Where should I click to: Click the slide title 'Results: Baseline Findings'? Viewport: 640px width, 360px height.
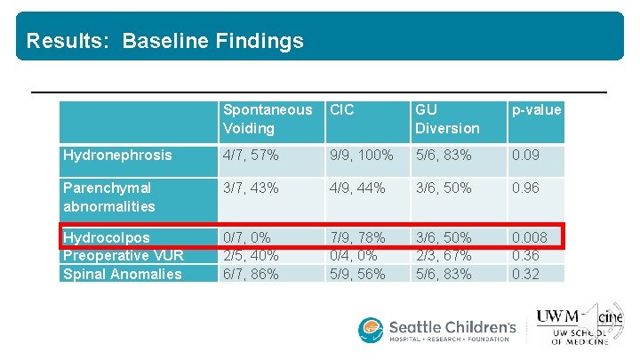[x=164, y=41]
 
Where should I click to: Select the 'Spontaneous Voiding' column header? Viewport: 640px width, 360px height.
[x=268, y=119]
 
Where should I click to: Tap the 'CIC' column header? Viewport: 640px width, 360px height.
[x=341, y=110]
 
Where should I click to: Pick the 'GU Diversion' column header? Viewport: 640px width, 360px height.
[x=446, y=119]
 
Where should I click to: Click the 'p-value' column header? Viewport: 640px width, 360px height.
[x=536, y=110]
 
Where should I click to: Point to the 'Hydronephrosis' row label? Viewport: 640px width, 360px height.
[x=117, y=156]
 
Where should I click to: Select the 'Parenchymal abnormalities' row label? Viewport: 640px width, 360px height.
[x=109, y=197]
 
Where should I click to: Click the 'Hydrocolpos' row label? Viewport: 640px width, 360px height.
[x=106, y=238]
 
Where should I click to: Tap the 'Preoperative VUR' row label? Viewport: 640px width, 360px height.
[x=123, y=256]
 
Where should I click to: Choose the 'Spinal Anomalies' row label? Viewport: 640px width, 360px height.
[x=122, y=274]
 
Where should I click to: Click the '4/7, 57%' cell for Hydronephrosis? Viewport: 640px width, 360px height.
[x=251, y=156]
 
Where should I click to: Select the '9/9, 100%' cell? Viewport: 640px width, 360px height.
[x=362, y=156]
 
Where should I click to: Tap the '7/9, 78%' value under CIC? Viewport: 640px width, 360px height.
[x=357, y=238]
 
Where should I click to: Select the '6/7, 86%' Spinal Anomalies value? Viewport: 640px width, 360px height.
[x=251, y=274]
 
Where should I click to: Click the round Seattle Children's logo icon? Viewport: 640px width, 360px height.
[x=371, y=330]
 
